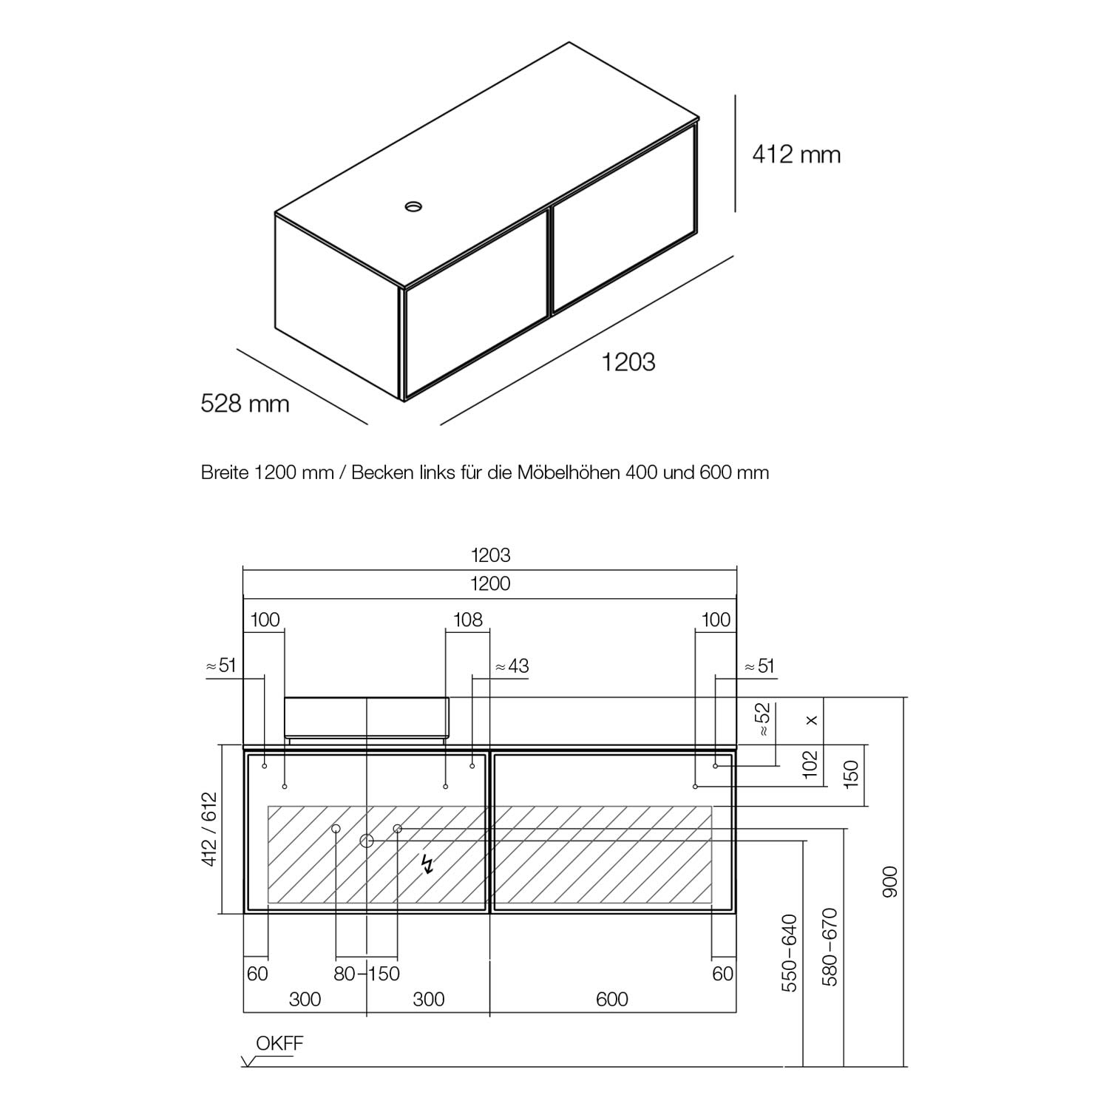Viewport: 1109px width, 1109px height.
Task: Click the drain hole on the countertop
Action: click(414, 206)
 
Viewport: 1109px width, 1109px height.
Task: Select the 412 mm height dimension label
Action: click(796, 155)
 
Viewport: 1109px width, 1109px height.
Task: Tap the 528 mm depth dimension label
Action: click(245, 404)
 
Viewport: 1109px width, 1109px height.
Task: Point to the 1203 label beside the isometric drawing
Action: click(628, 362)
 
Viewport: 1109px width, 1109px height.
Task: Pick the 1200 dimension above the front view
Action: click(491, 584)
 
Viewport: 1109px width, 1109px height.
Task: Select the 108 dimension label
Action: click(467, 620)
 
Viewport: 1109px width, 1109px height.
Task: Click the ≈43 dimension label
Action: click(511, 666)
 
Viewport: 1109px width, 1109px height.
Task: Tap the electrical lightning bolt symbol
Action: click(427, 864)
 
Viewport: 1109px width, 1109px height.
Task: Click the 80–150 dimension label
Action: click(367, 974)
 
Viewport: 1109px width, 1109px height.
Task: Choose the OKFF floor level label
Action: click(279, 1044)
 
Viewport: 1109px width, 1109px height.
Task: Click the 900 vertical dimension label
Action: click(889, 881)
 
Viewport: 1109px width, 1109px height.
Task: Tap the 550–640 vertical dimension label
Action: click(790, 952)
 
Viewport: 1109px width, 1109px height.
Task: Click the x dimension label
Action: click(812, 719)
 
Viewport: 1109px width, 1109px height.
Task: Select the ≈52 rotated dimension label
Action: click(763, 719)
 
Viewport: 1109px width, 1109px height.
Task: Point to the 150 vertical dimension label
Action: click(851, 773)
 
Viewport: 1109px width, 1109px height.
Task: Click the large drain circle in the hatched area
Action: click(367, 841)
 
